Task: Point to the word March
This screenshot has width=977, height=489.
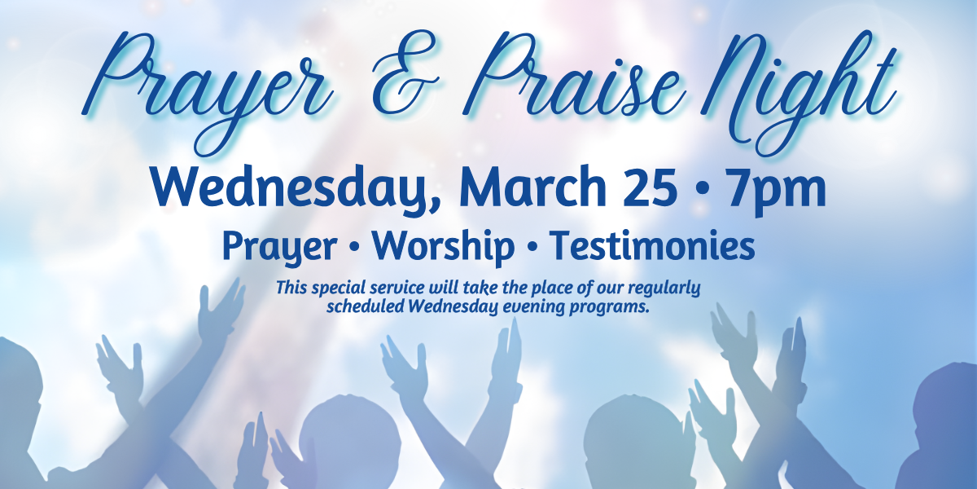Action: coord(532,187)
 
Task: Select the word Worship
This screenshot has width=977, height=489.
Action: coord(443,247)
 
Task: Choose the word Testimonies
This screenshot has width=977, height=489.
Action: coord(651,245)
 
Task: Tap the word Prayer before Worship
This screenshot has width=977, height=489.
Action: coord(279,248)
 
